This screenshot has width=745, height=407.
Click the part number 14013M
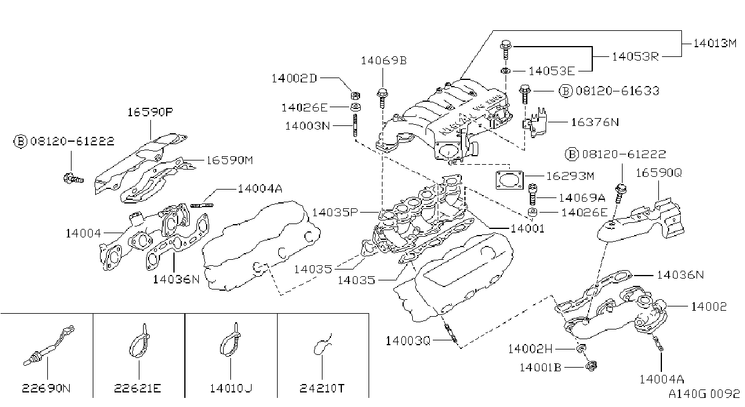[715, 43]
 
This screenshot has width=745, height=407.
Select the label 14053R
[635, 56]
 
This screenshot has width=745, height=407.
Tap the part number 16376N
[595, 122]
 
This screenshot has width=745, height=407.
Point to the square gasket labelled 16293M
[510, 180]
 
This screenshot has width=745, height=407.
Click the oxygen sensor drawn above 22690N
[49, 346]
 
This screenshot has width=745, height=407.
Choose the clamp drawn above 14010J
[230, 340]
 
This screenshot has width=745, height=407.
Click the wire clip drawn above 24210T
[322, 345]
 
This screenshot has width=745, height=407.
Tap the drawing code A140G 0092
[704, 394]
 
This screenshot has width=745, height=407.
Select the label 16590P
[150, 112]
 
